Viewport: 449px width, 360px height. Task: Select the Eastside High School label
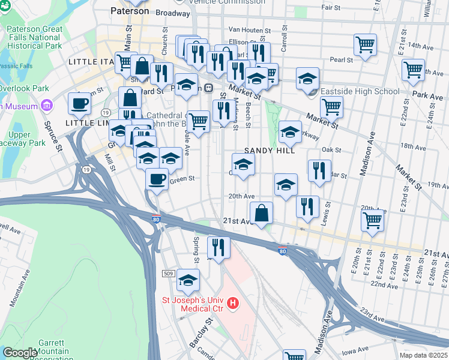(x=360, y=92)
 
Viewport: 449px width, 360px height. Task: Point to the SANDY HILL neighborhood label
(x=270, y=151)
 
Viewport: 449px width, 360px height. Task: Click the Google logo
(x=20, y=353)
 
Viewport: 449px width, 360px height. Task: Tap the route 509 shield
(x=168, y=274)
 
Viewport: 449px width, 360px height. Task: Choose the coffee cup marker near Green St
(x=157, y=179)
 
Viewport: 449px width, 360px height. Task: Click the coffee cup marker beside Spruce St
(x=79, y=103)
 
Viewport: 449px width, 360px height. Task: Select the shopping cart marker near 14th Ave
(x=365, y=44)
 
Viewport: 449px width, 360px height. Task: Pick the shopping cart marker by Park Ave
(x=414, y=70)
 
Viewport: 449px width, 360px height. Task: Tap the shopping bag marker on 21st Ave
(x=262, y=213)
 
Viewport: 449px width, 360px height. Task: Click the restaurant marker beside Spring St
(x=218, y=247)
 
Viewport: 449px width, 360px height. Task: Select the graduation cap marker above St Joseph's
(x=188, y=280)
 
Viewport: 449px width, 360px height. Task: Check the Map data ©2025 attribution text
(x=422, y=355)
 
